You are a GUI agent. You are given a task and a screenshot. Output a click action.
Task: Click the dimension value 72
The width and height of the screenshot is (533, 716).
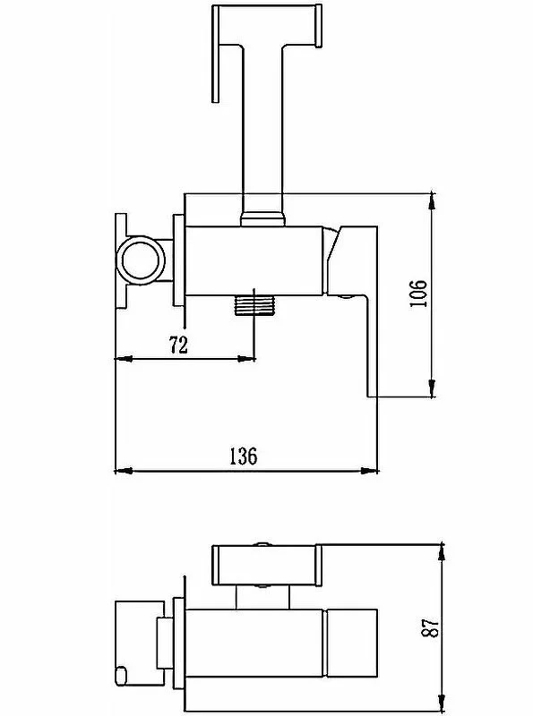coord(179,345)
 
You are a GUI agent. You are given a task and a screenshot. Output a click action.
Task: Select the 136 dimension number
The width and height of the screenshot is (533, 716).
coord(243,456)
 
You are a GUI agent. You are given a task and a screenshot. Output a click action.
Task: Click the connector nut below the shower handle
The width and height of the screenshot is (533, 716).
coord(262,217)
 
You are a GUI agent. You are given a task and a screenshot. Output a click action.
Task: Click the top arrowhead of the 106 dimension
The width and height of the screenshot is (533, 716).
coord(433,200)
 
